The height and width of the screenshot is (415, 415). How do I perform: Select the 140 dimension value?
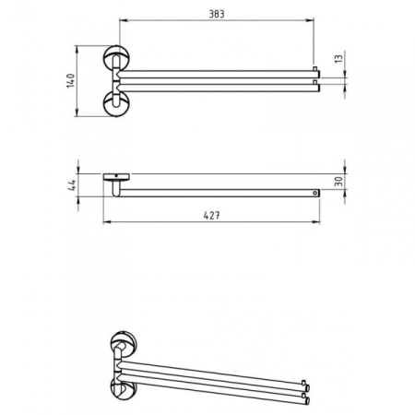point(69,81)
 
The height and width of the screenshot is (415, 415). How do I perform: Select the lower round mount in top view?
point(117,103)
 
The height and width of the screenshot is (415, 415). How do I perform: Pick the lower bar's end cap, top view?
point(315,88)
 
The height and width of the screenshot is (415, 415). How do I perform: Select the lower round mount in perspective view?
point(120,386)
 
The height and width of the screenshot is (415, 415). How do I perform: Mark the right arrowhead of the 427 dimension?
point(318,222)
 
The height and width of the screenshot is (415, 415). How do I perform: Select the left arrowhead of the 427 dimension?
point(103,222)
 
